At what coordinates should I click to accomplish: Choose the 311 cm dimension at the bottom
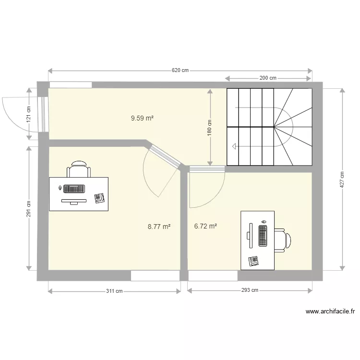coord(114,290)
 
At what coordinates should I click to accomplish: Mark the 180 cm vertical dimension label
coord(210,128)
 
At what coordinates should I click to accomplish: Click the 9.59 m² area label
coord(142,117)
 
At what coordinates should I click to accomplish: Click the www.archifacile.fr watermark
coord(330,312)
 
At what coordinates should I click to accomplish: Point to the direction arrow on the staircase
coord(234,146)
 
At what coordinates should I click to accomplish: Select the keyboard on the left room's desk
coord(73,189)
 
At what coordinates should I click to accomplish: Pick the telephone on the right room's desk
coord(253,261)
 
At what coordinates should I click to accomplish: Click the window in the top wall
coord(71,85)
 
